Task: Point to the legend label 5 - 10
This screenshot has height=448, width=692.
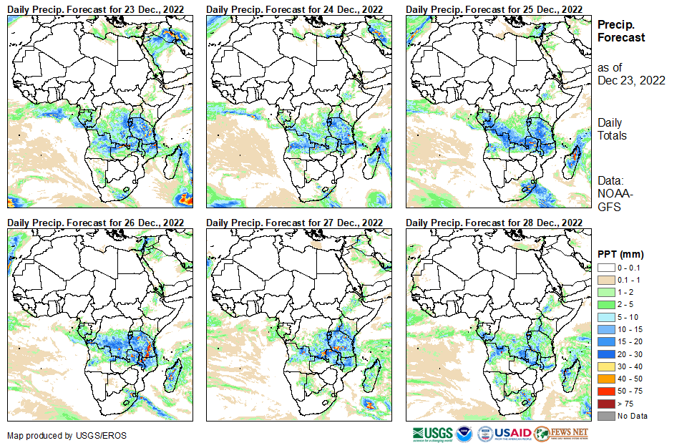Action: point(628,316)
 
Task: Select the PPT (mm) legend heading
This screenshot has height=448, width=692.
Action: point(621,254)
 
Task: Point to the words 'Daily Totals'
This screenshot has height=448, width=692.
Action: point(612,129)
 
